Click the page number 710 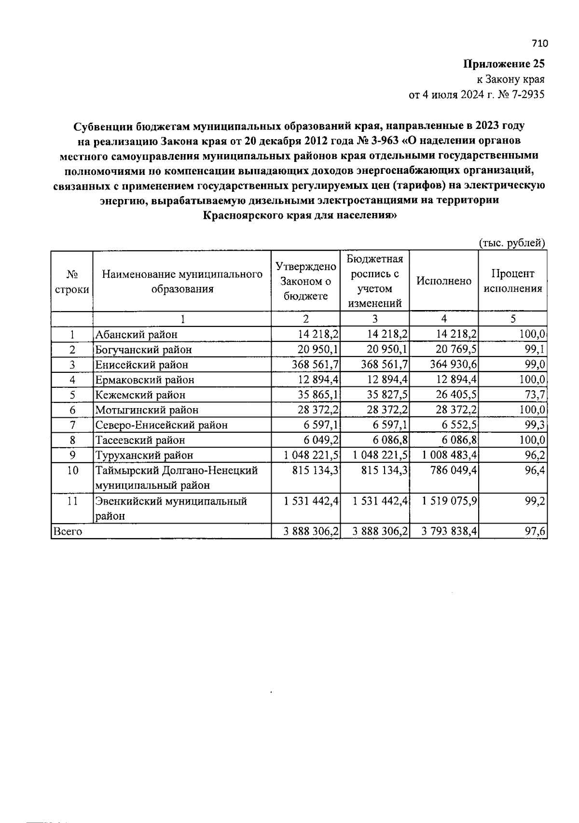coord(540,43)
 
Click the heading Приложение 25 coord(504,64)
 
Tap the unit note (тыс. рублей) coord(512,243)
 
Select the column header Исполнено coord(443,281)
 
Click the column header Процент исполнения coord(512,281)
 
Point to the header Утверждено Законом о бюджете coord(305,281)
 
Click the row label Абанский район coord(136,334)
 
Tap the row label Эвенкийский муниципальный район coord(171,508)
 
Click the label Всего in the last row coord(67,531)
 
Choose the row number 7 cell coord(72,425)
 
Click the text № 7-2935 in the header coord(521,95)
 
